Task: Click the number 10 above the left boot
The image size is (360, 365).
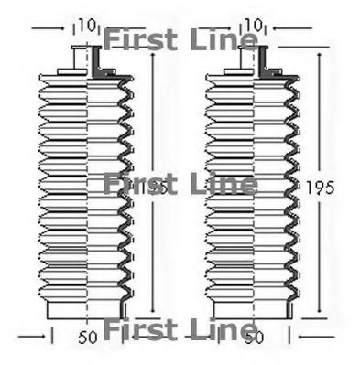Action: coord(86,24)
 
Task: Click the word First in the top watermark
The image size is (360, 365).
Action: coord(137,39)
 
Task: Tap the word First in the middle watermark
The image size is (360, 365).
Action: coord(137,185)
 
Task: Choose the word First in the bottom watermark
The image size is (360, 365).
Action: coord(137,328)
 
